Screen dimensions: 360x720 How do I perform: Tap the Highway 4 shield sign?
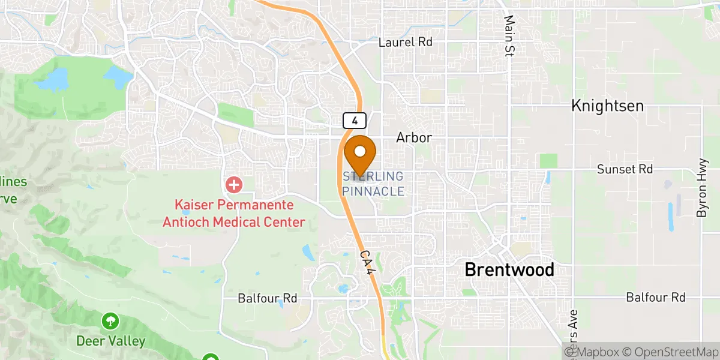(355, 121)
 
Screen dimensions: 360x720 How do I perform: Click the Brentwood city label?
(509, 270)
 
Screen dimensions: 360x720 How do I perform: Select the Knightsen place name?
(607, 106)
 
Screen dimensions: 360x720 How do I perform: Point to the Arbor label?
(413, 138)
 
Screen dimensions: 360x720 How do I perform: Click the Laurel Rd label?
(406, 43)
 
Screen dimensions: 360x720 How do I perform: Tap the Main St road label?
(510, 36)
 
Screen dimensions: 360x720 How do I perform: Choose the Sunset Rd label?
(625, 170)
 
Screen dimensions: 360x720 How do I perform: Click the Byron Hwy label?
(702, 196)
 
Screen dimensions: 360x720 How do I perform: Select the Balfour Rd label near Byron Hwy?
(656, 297)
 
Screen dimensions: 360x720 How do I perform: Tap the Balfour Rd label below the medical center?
(268, 298)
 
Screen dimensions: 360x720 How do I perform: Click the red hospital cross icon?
(233, 184)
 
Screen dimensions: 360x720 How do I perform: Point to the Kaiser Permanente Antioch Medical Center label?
(234, 214)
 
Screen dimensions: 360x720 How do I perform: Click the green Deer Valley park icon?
(110, 320)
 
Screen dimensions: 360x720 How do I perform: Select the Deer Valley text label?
(110, 341)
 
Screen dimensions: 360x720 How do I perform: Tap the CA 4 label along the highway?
(368, 263)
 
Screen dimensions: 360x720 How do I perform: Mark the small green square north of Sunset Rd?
(548, 161)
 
